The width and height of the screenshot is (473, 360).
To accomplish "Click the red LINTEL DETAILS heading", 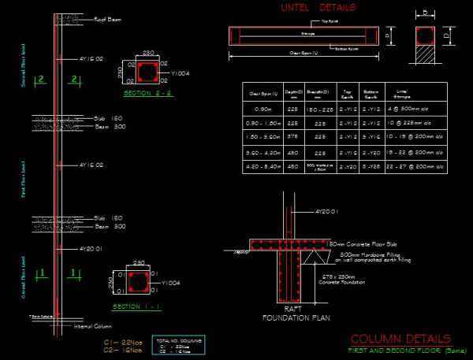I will tap(318, 8).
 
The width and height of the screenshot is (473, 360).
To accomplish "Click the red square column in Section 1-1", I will tap(137, 281).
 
